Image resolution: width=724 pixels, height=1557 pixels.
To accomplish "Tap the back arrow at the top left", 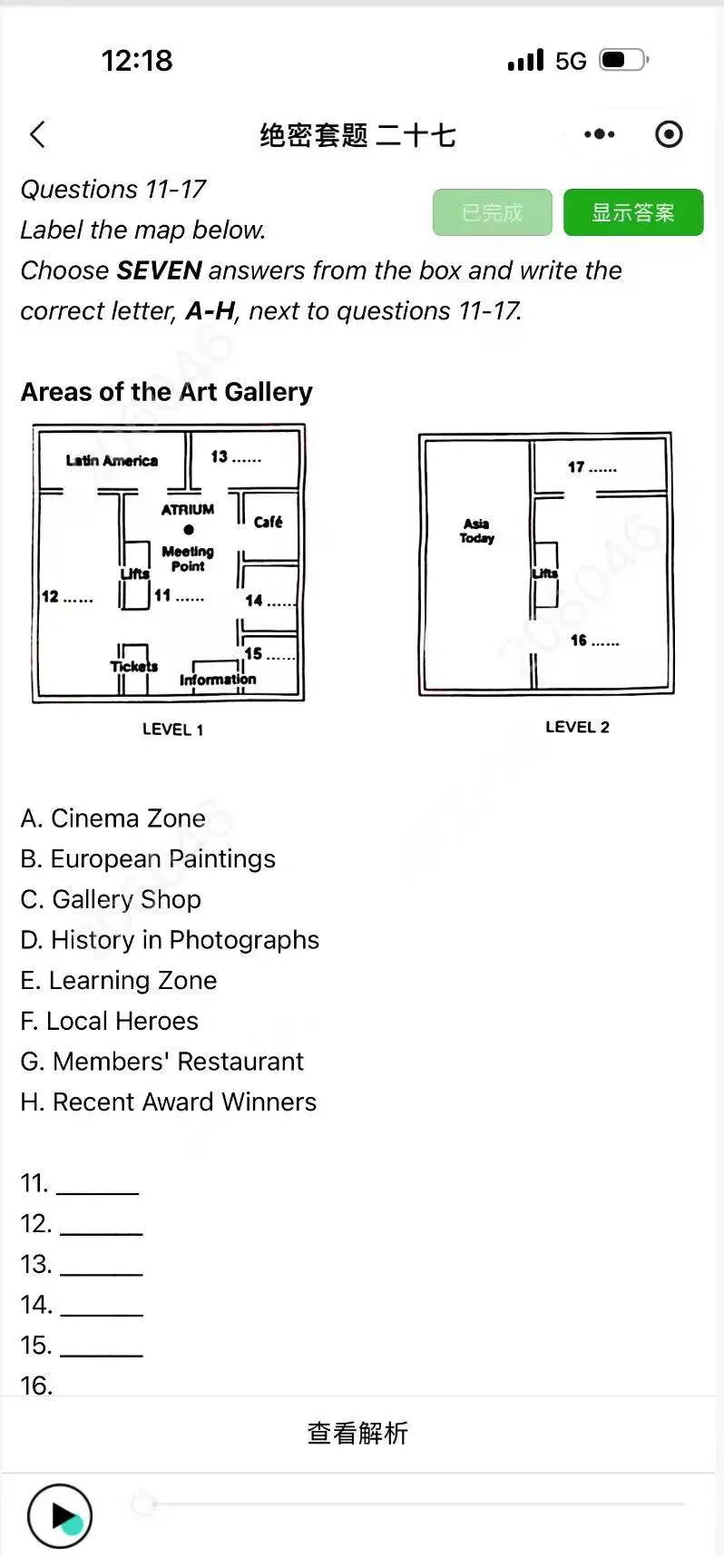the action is point(37,135).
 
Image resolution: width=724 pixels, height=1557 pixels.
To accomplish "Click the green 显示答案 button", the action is point(633,212).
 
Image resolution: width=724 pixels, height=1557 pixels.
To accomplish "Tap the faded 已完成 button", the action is point(493,212).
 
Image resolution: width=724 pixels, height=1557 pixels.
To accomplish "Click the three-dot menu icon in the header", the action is point(600,134).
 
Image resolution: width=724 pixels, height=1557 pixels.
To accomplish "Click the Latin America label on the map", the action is point(112,460).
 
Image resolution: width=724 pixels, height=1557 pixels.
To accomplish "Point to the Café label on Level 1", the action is point(268,521).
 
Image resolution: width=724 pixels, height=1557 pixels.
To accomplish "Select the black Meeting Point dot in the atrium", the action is point(189,530).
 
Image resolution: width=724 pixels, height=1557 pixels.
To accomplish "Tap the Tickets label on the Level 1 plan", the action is point(134,666).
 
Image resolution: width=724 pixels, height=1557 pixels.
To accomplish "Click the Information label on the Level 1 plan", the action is point(218,679).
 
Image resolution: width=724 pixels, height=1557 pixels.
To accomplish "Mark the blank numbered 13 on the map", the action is point(236,456).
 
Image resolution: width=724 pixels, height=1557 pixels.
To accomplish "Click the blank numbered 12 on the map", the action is point(67,596).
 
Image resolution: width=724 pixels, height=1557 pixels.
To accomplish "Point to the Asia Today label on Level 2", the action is point(477,531).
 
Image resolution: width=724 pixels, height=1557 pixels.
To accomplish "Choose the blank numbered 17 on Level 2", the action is point(592,467).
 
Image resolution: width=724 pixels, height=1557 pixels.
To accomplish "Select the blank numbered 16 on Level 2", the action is point(595,641).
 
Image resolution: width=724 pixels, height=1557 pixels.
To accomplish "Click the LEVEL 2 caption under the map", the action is point(577,727).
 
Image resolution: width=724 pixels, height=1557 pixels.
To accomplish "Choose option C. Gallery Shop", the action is point(111,899).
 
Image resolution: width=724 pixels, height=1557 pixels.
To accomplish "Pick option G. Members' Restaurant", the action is point(161,1062).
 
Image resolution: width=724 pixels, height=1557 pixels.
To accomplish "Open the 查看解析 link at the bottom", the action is point(357,1433).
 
